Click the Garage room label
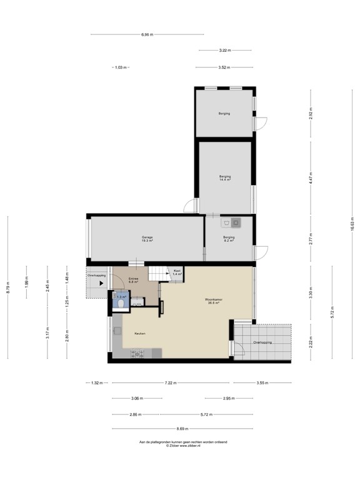click(147, 237)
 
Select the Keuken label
click(139, 334)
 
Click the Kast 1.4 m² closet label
click(177, 272)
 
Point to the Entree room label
click(134, 280)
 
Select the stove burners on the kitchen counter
click(137, 354)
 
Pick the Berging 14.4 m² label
click(225, 178)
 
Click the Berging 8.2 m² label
click(229, 239)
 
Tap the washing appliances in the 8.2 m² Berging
click(232, 222)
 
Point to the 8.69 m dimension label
click(183, 429)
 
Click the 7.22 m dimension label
click(170, 382)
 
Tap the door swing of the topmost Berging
click(262, 124)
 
